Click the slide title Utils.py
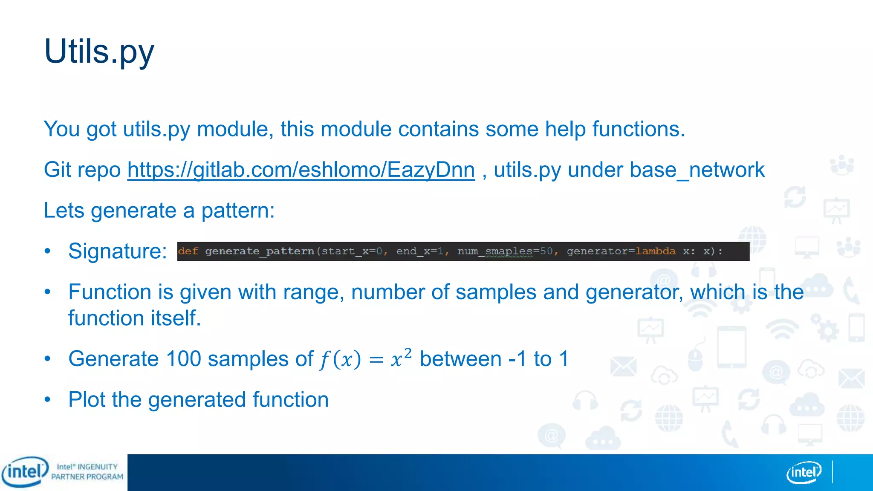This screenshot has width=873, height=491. (x=99, y=52)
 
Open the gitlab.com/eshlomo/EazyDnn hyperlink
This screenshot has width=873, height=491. (x=301, y=170)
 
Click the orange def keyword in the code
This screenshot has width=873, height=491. (x=188, y=251)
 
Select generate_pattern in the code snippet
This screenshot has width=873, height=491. (x=259, y=251)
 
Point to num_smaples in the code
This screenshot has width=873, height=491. (x=494, y=251)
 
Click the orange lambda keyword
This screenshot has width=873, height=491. (x=655, y=251)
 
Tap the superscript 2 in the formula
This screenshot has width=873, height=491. (x=408, y=352)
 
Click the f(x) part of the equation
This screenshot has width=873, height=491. (x=340, y=359)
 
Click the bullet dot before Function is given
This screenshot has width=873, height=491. (x=48, y=292)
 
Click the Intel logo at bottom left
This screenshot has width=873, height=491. (x=25, y=472)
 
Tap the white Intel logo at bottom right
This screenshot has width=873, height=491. (x=804, y=472)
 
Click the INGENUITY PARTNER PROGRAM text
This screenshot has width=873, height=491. (x=87, y=472)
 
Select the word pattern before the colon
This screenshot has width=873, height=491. (x=235, y=211)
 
